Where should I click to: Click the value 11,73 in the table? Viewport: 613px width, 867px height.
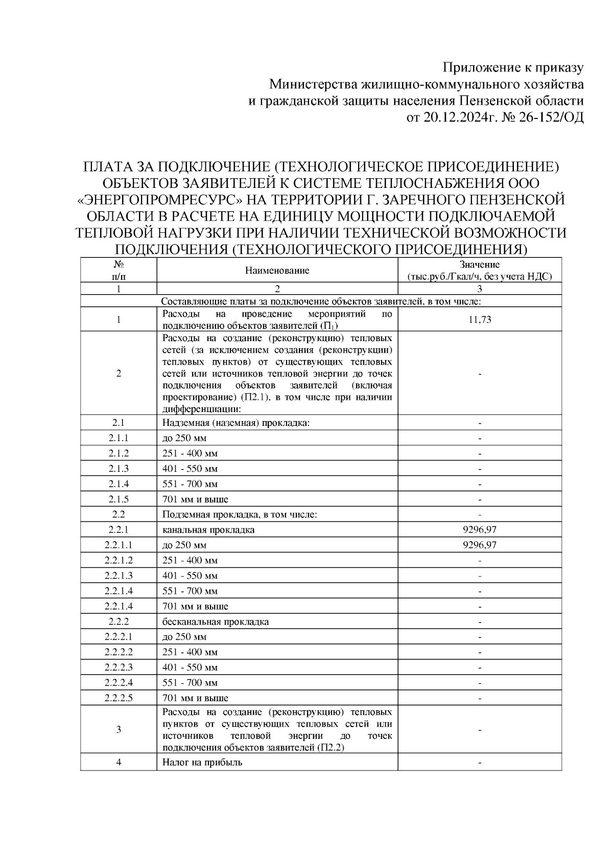479,320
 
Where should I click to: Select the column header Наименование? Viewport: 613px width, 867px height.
277,271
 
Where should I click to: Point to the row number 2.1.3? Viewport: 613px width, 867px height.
119,469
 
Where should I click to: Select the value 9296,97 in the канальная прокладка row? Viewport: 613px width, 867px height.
479,530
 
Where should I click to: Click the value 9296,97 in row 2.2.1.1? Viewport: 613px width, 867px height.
479,545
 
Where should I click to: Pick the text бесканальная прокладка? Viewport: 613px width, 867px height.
216,622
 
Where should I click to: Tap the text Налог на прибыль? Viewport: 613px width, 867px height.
202,762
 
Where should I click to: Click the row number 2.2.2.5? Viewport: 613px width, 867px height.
119,698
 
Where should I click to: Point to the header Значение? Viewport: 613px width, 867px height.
479,264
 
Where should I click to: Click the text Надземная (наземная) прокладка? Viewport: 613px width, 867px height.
236,423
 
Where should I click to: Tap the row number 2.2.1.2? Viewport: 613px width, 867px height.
119,561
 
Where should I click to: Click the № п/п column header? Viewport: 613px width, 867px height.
119,271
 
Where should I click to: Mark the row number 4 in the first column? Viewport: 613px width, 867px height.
119,762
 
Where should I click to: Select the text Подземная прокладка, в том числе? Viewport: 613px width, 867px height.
240,515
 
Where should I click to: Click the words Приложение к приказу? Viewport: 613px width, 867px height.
512,67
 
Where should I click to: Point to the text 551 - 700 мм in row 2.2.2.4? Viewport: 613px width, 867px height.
190,683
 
